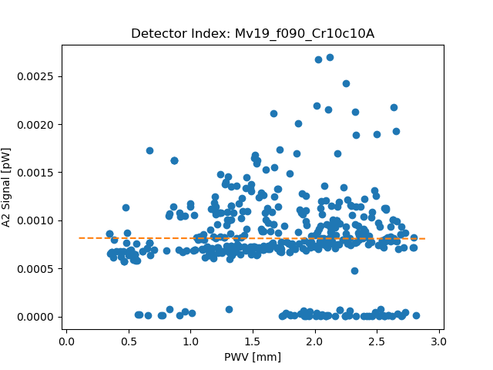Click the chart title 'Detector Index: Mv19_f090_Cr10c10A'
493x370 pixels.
(x=253, y=34)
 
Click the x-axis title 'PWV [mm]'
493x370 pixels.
(x=253, y=357)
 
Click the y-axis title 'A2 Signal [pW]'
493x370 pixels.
(x=5, y=187)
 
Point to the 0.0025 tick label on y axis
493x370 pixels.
(x=35, y=76)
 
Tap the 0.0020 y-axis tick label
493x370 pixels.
(x=35, y=125)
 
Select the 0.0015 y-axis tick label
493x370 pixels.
(x=35, y=173)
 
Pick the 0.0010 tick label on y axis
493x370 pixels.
(x=35, y=220)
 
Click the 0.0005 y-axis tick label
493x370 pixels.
(x=35, y=269)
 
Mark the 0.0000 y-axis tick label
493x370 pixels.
(x=35, y=317)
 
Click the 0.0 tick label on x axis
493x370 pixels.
(x=66, y=341)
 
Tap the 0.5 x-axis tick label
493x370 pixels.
(x=129, y=341)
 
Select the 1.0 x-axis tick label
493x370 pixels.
(x=190, y=341)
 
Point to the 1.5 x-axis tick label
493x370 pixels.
(x=253, y=341)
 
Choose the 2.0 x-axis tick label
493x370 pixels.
(x=315, y=341)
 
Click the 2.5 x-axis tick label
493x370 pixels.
(x=377, y=341)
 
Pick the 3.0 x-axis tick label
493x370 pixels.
(x=439, y=341)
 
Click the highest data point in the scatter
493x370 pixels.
(x=330, y=57)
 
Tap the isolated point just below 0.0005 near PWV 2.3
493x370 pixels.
(x=354, y=271)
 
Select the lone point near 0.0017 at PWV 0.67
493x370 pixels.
(x=149, y=151)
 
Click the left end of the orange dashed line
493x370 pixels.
(x=79, y=238)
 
